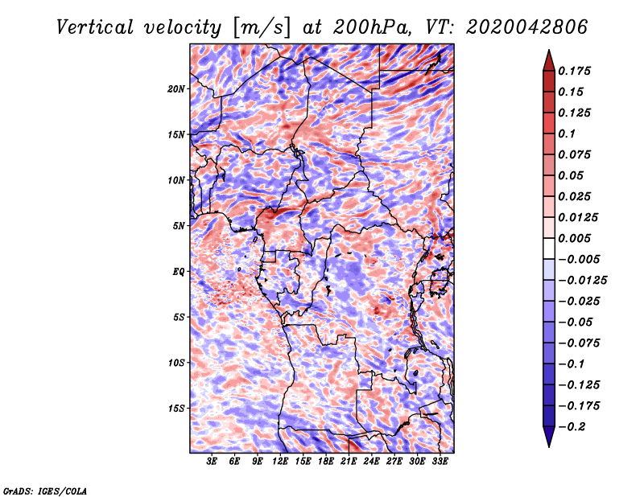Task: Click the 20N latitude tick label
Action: point(176,88)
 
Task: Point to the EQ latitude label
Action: point(178,272)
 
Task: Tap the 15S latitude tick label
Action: point(176,409)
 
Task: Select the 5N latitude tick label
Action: point(179,226)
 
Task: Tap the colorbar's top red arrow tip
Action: point(548,52)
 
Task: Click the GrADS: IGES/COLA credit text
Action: point(44,490)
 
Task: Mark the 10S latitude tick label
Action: point(176,363)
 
